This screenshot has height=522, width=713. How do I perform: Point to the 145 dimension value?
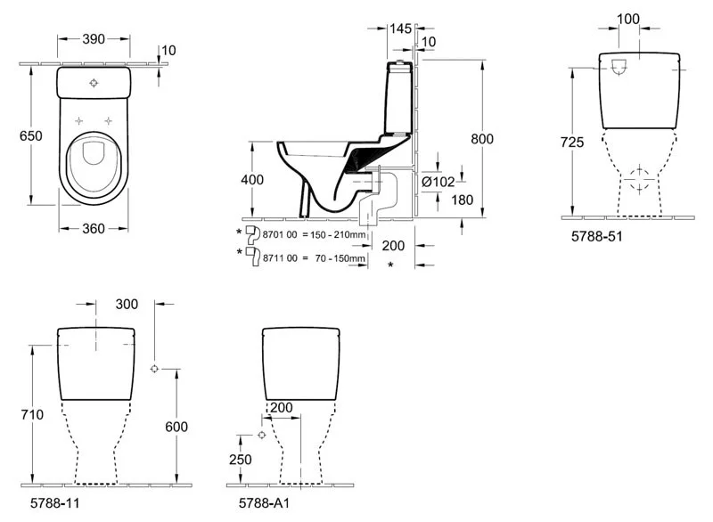coord(401,29)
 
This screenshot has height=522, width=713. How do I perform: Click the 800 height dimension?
coord(481,139)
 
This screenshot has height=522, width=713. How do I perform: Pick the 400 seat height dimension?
coord(253,180)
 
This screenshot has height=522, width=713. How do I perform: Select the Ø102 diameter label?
coord(438,182)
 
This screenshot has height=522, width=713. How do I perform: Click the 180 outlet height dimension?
coord(438,200)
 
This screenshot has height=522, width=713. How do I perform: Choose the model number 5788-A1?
coord(263,503)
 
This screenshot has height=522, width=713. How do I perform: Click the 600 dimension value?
coord(176,428)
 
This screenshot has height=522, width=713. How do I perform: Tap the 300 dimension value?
coord(127,305)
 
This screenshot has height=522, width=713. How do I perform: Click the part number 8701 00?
coord(278,234)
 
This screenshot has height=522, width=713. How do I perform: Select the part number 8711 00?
coord(278,258)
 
